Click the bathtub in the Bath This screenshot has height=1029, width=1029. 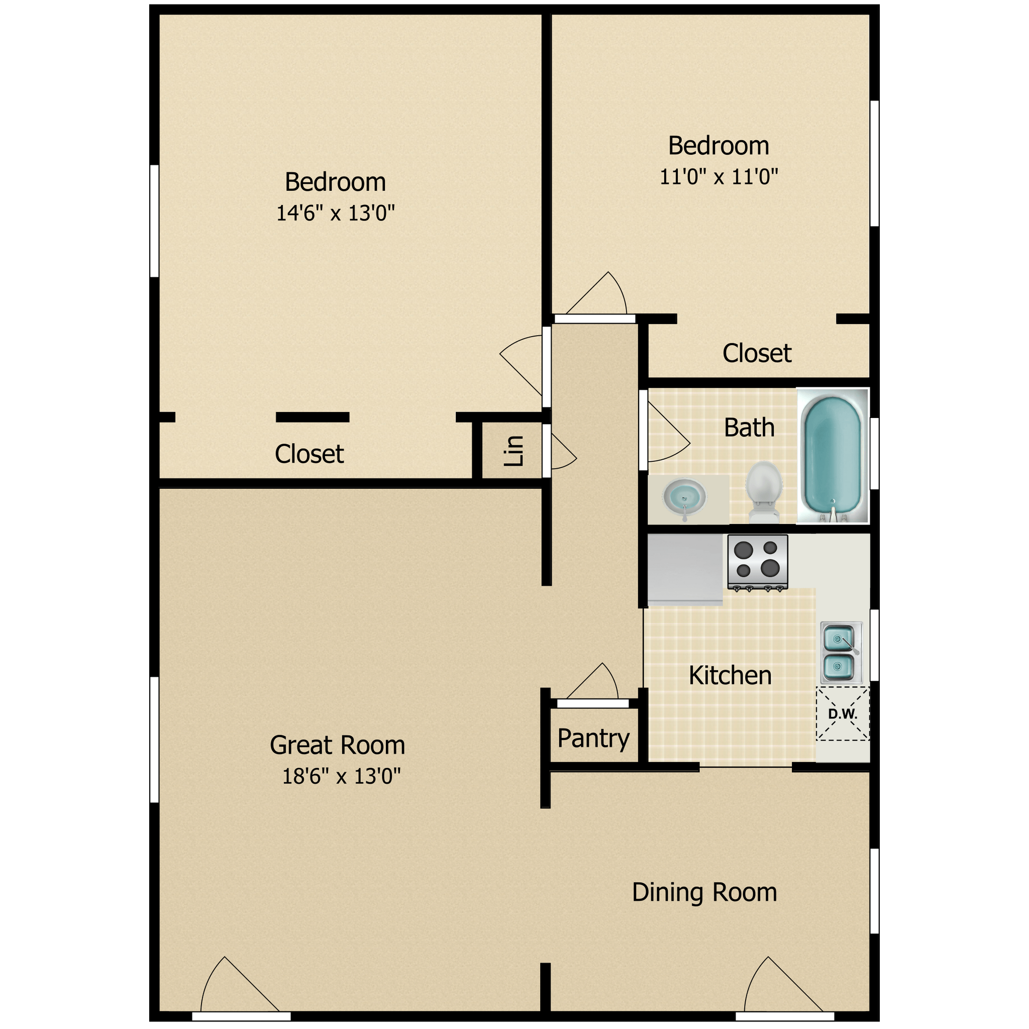(833, 455)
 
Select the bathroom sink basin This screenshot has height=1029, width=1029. (684, 498)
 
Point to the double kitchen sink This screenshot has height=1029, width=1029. (841, 653)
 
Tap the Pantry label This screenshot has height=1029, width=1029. (593, 739)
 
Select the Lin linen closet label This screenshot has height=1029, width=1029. (514, 451)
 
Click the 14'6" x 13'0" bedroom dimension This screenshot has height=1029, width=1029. (335, 213)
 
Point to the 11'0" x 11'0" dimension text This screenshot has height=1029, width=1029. (718, 176)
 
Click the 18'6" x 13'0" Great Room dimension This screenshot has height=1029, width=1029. (341, 776)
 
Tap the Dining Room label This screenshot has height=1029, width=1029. (704, 892)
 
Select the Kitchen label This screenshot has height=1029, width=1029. (730, 675)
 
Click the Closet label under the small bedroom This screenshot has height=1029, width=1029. (756, 353)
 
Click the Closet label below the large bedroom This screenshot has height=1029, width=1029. (309, 454)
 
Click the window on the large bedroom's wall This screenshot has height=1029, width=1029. (154, 221)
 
